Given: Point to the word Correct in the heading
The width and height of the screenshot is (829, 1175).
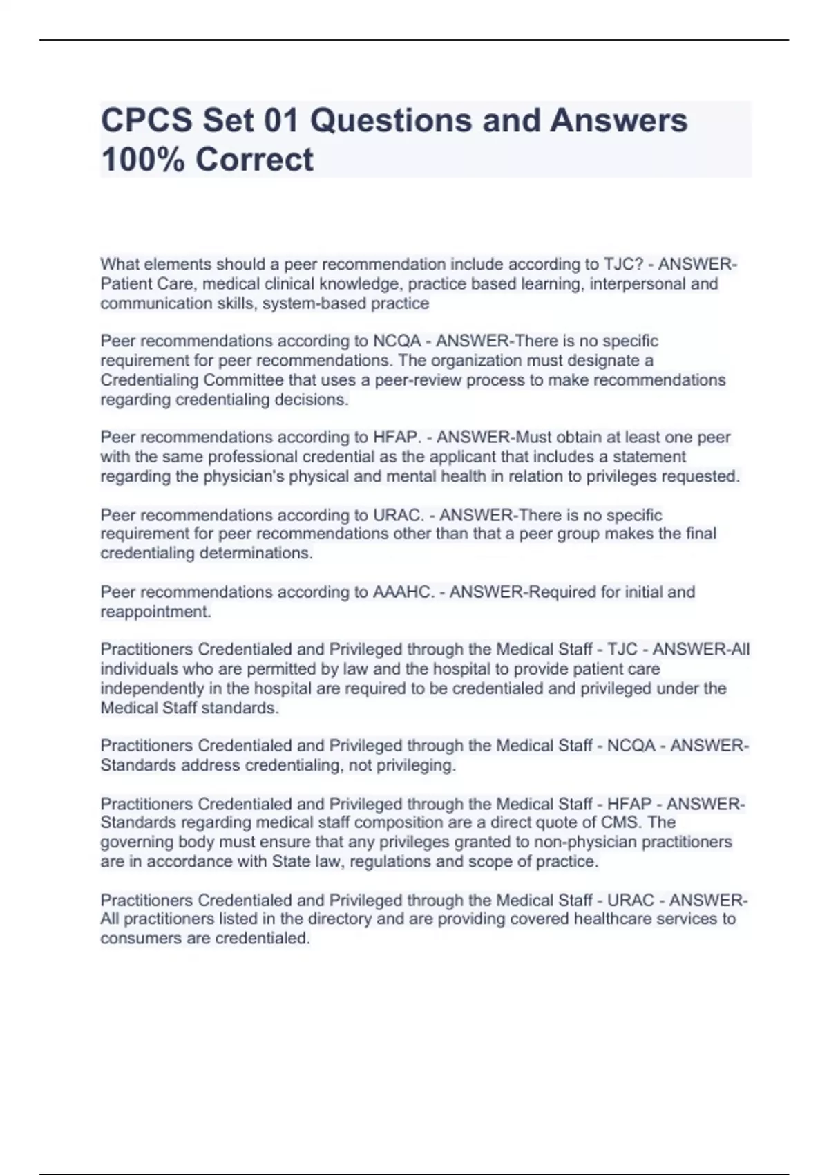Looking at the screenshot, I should [254, 160].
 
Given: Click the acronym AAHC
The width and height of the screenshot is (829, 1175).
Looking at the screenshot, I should [404, 592].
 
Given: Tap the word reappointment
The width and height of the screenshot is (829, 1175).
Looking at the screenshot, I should [155, 612].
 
